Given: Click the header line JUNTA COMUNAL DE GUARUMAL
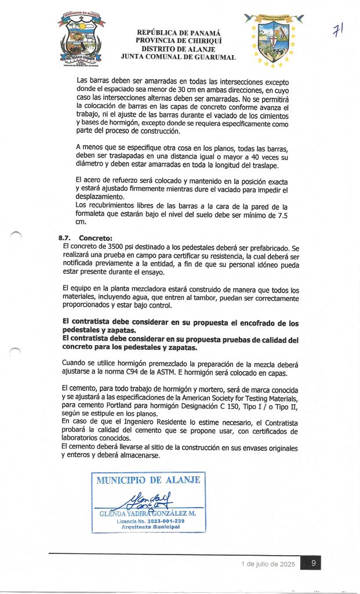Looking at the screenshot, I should click(178, 57).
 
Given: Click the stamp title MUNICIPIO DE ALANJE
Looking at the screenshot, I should click(148, 480).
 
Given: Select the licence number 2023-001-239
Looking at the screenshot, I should click(159, 521).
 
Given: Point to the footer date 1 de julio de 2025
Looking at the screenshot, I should click(268, 564).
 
